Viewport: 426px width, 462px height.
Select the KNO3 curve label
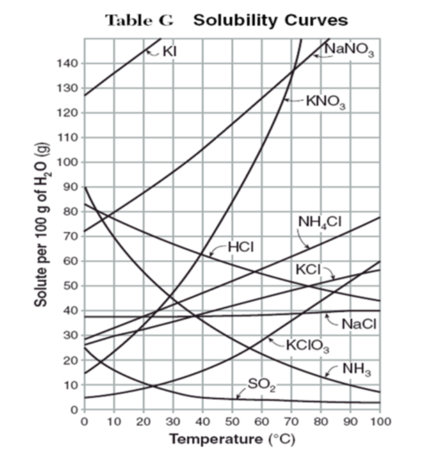(x=324, y=101)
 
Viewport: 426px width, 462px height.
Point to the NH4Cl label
(x=320, y=222)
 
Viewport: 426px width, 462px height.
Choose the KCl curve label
(x=308, y=269)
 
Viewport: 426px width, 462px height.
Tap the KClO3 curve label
(x=308, y=345)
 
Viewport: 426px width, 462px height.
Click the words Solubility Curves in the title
(x=271, y=20)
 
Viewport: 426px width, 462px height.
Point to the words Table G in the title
(x=139, y=20)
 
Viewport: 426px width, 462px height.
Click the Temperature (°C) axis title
(x=232, y=439)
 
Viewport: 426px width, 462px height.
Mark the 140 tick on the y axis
(x=69, y=63)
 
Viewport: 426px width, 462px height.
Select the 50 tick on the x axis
(x=232, y=421)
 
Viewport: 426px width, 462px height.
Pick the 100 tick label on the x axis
(x=380, y=421)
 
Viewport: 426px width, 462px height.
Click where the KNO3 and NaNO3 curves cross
(x=293, y=72)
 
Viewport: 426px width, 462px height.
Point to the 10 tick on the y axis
(x=71, y=385)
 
